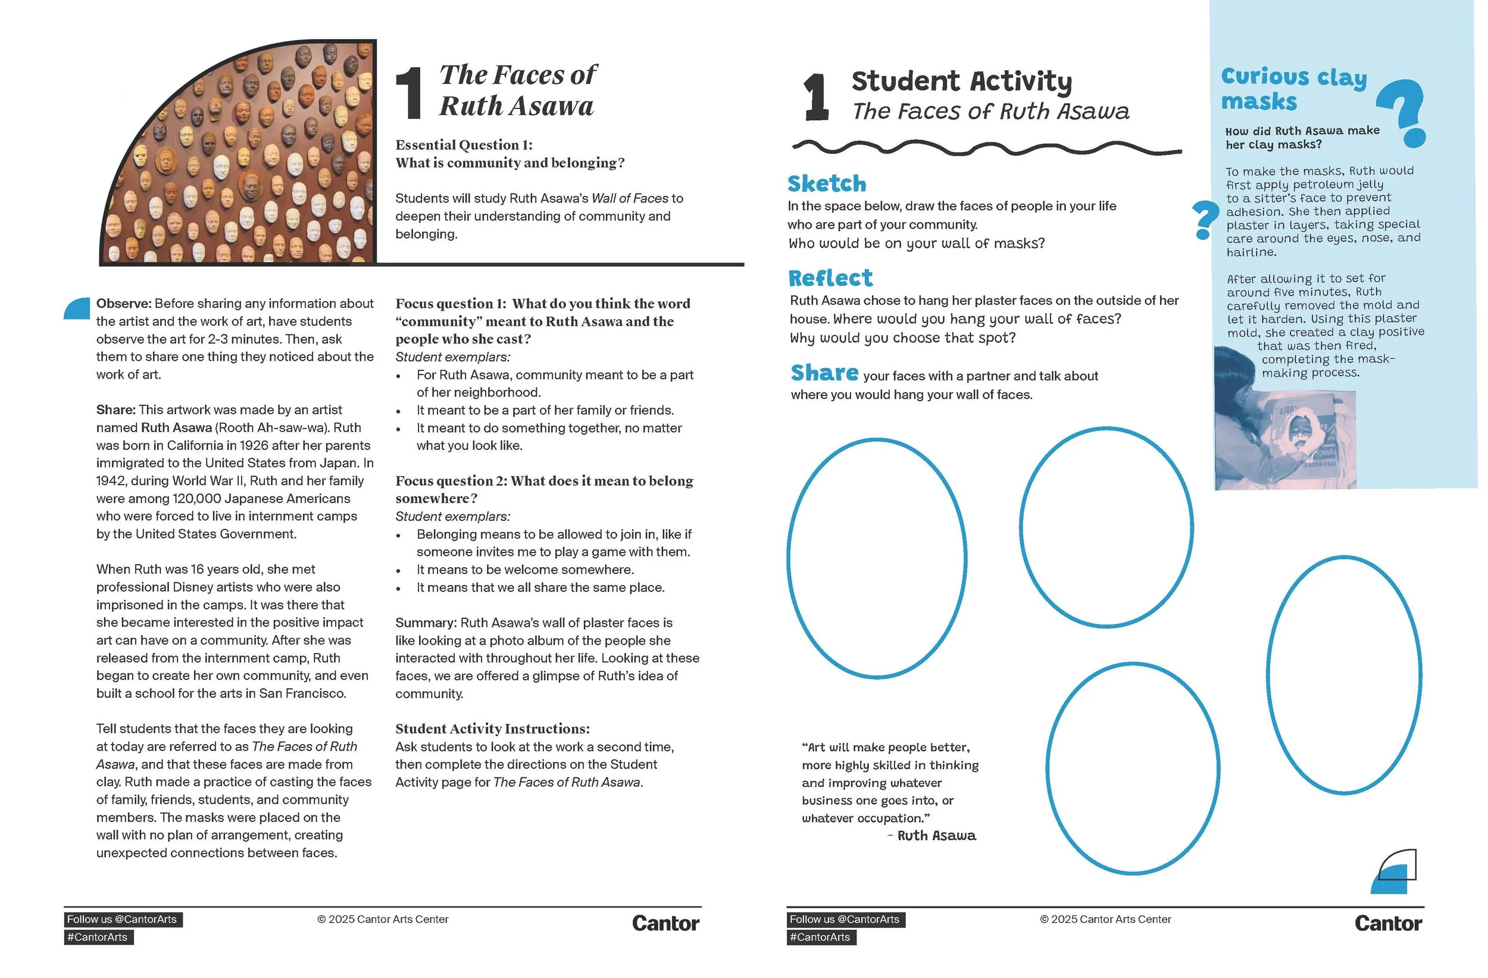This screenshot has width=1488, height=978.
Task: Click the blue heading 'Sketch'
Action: click(x=827, y=183)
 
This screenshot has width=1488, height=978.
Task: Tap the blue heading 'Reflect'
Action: click(x=830, y=277)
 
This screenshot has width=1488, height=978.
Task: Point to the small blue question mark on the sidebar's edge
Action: click(x=1205, y=221)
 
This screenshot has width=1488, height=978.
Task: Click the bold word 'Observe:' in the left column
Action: click(x=124, y=303)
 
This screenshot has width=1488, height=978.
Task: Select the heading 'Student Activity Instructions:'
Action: click(x=493, y=729)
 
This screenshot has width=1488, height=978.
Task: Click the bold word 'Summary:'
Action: click(x=426, y=623)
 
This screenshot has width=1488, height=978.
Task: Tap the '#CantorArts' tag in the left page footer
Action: click(x=98, y=938)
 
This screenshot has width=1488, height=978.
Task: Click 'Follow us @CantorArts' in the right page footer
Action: click(x=845, y=919)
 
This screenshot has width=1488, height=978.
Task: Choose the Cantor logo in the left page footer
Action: click(x=665, y=924)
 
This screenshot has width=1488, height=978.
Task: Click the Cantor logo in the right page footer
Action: click(x=1389, y=924)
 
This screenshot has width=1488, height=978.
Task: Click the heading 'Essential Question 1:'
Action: click(x=464, y=145)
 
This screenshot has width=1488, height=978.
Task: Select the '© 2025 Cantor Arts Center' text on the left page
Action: click(x=383, y=919)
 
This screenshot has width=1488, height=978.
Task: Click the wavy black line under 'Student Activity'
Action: click(x=987, y=148)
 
